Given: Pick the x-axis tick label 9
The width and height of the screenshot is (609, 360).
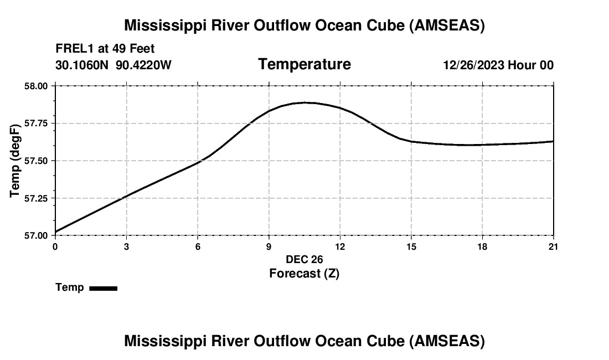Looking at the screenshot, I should pyautogui.click(x=269, y=246).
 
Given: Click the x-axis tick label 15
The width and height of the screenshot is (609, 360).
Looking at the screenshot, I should pyautogui.click(x=411, y=246).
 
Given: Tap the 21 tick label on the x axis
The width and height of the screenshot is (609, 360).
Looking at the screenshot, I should pyautogui.click(x=553, y=246).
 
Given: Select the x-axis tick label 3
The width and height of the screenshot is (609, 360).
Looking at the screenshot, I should pyautogui.click(x=127, y=246).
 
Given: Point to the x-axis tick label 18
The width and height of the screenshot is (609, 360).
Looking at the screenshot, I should pyautogui.click(x=482, y=246).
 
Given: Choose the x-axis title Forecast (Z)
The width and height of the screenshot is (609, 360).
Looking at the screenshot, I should pyautogui.click(x=304, y=273).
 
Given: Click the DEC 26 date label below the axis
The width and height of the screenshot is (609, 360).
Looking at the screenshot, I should pyautogui.click(x=304, y=259).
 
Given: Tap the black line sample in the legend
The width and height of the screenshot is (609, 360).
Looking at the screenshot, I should pyautogui.click(x=103, y=288).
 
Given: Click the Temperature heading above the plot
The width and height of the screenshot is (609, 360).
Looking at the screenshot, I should pyautogui.click(x=304, y=64).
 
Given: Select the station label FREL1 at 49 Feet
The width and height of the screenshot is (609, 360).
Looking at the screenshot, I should pyautogui.click(x=105, y=49).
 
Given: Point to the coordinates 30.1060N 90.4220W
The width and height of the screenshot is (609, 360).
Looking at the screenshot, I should pyautogui.click(x=113, y=65).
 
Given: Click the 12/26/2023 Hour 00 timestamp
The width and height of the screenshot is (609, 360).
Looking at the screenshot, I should pyautogui.click(x=498, y=65).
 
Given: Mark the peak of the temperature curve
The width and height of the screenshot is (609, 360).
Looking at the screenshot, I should pyautogui.click(x=305, y=102).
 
